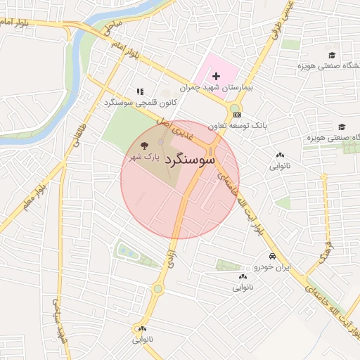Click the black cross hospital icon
217,75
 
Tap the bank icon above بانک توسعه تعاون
238,115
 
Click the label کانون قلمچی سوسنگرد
139,103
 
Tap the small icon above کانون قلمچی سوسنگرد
140,91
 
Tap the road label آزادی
169,262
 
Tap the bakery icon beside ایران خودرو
241,277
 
